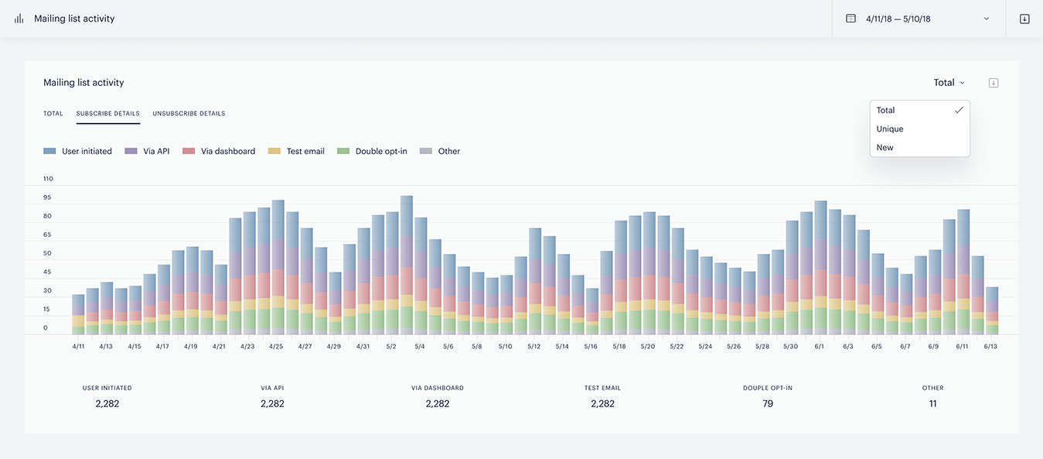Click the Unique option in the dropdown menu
[x=890, y=129]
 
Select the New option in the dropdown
[x=885, y=148]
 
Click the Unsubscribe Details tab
[x=189, y=114]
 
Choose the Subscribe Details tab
[x=107, y=114]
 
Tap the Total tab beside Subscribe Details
[x=53, y=114]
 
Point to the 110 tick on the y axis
[x=48, y=179]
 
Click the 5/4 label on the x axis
[x=419, y=346]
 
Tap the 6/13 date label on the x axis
[x=990, y=346]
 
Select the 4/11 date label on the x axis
[x=78, y=346]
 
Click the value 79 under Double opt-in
[x=768, y=403]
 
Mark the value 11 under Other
[x=933, y=403]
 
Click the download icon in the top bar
[x=1024, y=19]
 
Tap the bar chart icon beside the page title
[x=19, y=19]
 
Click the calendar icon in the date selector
[x=850, y=19]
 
